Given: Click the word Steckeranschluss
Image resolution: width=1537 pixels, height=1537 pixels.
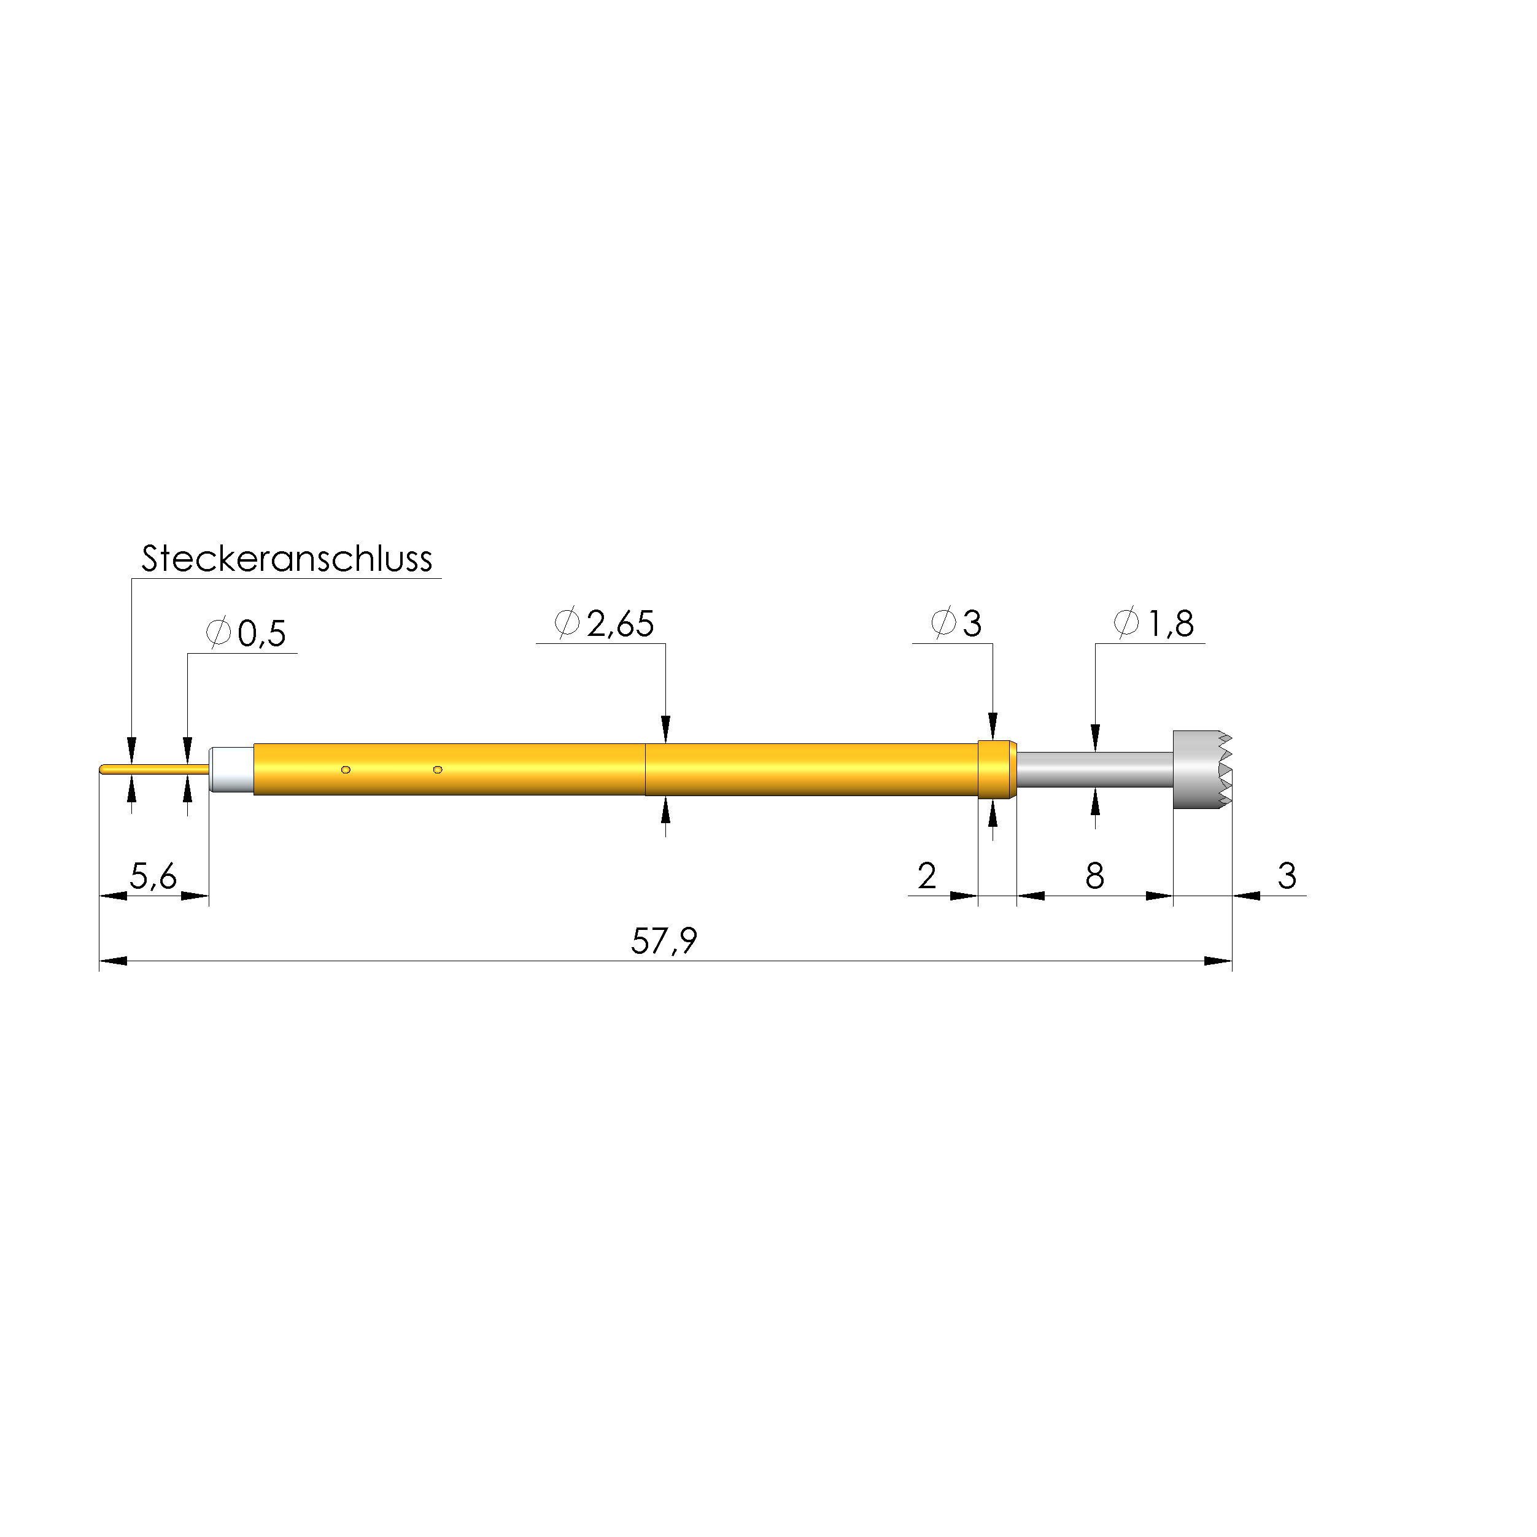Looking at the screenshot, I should point(287,559).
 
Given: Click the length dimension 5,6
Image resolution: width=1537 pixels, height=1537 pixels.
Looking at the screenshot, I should point(153,877).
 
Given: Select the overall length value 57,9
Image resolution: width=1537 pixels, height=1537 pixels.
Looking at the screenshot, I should point(664,941).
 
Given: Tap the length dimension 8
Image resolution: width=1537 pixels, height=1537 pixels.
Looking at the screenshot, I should point(1094,876).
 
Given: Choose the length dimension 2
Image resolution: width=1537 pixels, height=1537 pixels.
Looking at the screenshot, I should point(926,876).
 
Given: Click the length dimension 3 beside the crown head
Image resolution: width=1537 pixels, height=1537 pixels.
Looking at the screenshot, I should point(1287,876).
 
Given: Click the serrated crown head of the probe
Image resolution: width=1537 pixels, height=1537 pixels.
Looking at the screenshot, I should point(1201,769).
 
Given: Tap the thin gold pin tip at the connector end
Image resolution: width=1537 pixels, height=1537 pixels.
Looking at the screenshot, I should point(151,769).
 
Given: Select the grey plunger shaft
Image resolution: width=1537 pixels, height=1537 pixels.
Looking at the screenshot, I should point(1094,769).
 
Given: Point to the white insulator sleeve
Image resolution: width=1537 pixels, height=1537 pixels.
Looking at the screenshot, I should point(231,769).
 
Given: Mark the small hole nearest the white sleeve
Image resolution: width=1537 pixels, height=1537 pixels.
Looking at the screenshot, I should point(345,769).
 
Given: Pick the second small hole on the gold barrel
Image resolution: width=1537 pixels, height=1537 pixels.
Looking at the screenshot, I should point(437,769).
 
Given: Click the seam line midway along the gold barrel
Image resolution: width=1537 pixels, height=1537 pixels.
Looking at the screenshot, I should point(645,769).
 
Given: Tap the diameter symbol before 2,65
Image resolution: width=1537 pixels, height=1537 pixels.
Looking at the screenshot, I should point(567,623).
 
